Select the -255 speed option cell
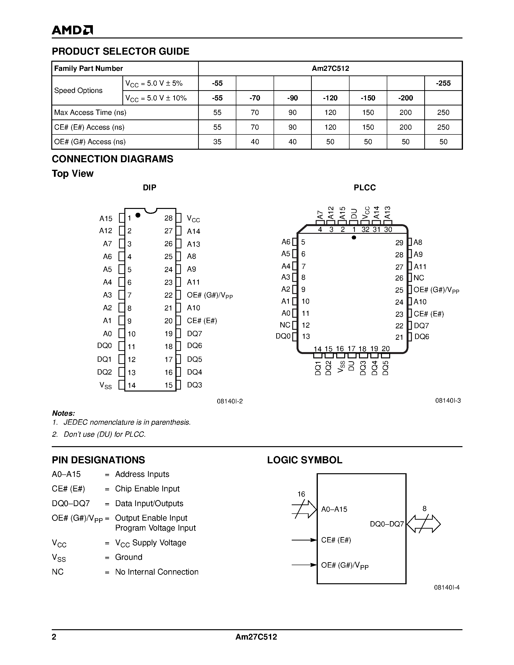click(x=443, y=83)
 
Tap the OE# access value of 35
click(x=217, y=142)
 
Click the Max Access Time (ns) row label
click(x=90, y=112)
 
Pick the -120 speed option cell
click(x=330, y=98)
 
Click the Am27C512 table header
click(x=330, y=68)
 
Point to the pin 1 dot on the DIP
click(x=138, y=215)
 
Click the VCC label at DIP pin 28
click(x=193, y=219)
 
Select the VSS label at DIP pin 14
click(x=105, y=385)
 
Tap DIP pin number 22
click(x=168, y=295)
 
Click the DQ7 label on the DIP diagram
click(x=194, y=333)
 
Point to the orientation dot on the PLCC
click(x=354, y=237)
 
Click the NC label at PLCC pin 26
click(x=419, y=278)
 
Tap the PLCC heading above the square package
click(x=365, y=188)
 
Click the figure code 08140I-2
click(x=230, y=401)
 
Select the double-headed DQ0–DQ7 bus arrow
click(x=424, y=524)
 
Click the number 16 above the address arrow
click(x=301, y=494)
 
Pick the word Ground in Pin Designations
click(x=128, y=557)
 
